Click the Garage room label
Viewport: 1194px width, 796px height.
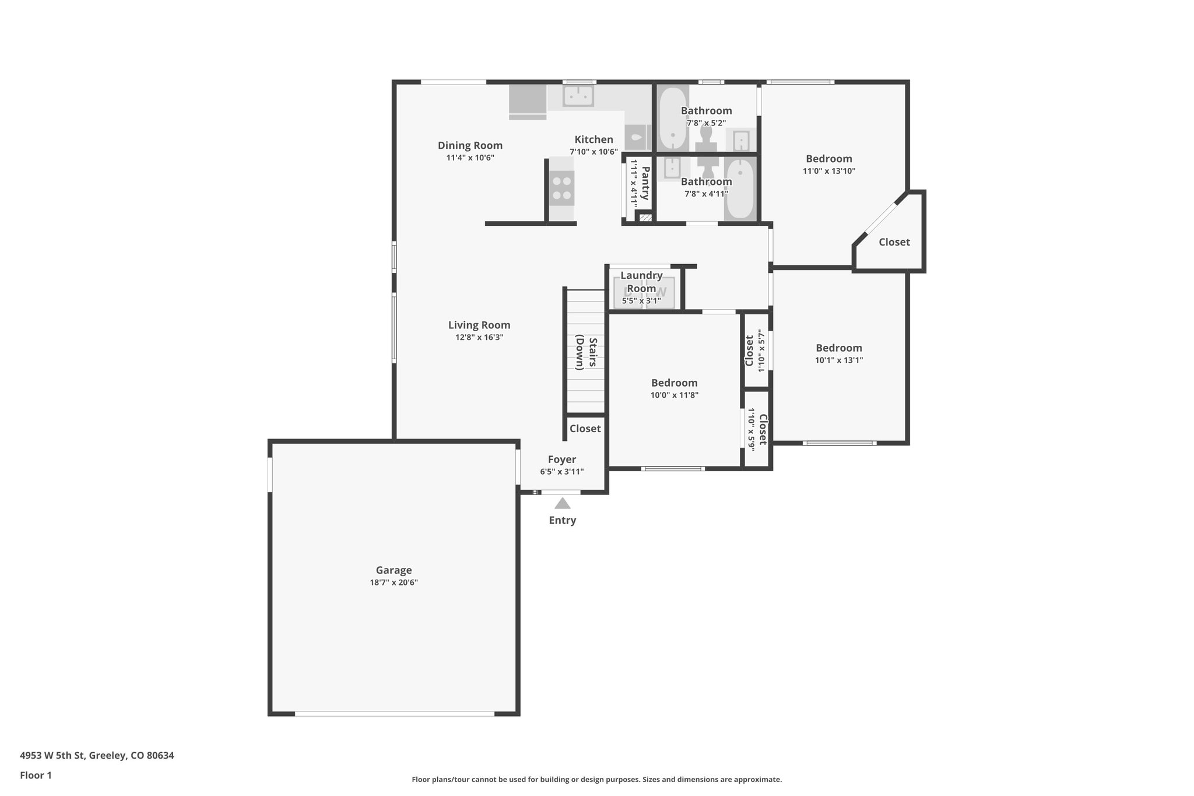(x=394, y=570)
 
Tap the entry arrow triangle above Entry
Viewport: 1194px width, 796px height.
(x=562, y=503)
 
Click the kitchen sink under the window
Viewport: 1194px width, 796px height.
(x=578, y=96)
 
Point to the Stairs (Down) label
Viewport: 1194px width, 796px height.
(x=586, y=353)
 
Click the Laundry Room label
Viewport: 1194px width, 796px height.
(x=641, y=282)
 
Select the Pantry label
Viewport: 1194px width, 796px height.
(x=645, y=183)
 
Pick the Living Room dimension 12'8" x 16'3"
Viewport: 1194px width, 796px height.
(x=479, y=337)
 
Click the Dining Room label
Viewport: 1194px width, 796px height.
(x=470, y=145)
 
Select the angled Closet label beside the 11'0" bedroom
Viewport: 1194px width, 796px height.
(x=894, y=242)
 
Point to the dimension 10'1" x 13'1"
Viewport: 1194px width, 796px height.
(x=838, y=360)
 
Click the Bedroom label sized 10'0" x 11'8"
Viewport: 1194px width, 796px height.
(x=674, y=383)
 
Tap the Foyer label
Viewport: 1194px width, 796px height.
(x=561, y=460)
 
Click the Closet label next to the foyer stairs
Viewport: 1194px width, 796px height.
(x=585, y=429)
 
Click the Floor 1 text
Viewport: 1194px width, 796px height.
(x=36, y=775)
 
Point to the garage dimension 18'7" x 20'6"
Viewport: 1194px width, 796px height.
(x=394, y=583)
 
